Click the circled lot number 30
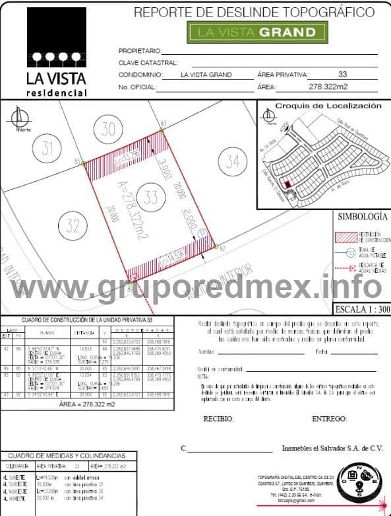pyautogui.click(x=108, y=129)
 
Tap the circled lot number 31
pyautogui.click(x=47, y=148)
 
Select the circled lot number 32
pyautogui.click(x=74, y=225)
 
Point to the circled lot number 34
pyautogui.click(x=231, y=161)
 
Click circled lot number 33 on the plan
pyautogui.click(x=151, y=197)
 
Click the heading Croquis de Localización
pyautogui.click(x=328, y=106)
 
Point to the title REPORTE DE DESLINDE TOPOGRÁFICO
pyautogui.click(x=254, y=12)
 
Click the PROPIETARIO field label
pyautogui.click(x=139, y=51)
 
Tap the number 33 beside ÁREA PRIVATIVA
pyautogui.click(x=342, y=75)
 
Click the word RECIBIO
pyautogui.click(x=218, y=419)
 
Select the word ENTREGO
pyautogui.click(x=329, y=419)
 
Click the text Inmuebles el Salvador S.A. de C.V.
pyautogui.click(x=332, y=448)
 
